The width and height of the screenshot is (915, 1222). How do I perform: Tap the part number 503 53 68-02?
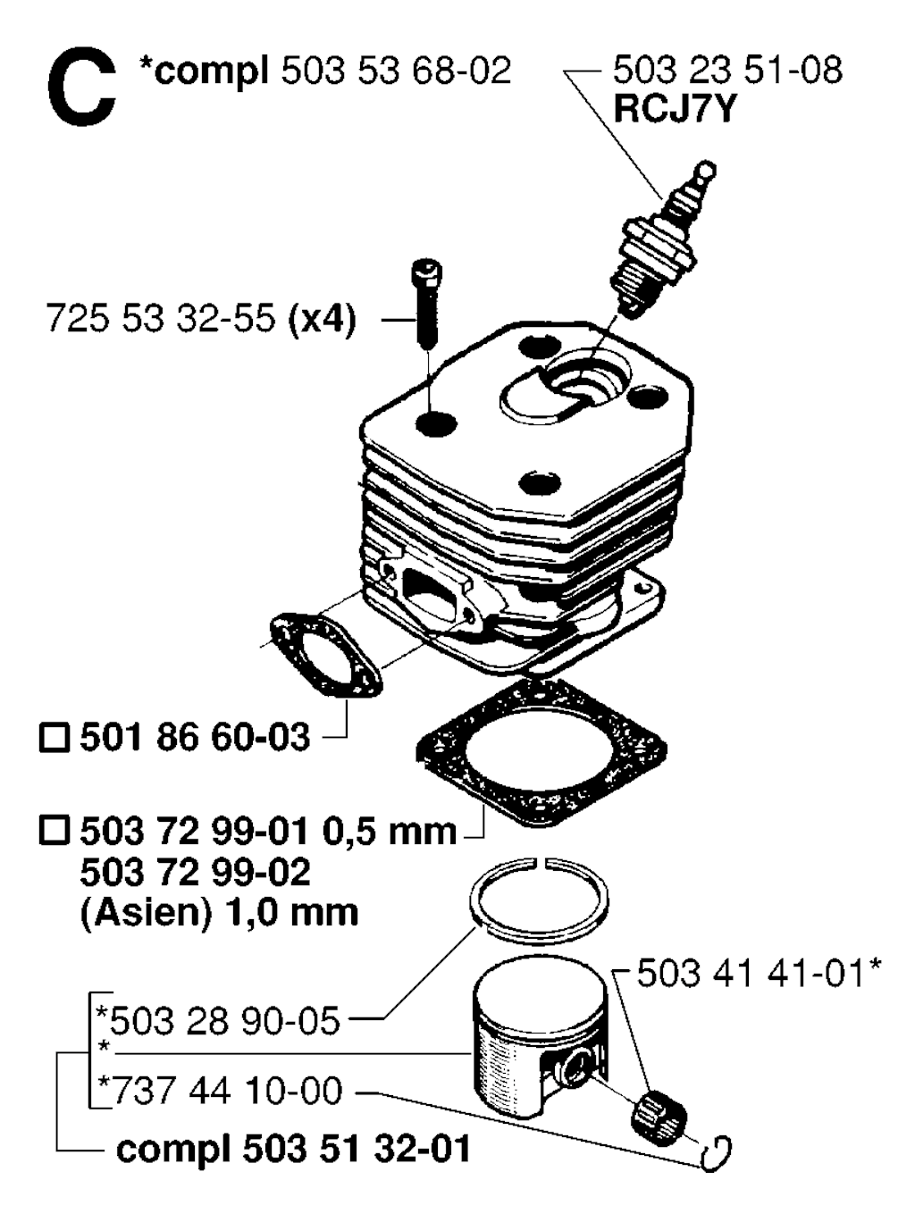396,71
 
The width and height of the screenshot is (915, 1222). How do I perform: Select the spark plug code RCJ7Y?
675,108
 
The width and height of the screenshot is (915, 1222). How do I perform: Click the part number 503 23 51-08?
727,71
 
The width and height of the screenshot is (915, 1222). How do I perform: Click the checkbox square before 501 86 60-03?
55,738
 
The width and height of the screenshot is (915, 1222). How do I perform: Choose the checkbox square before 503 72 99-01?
55,833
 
